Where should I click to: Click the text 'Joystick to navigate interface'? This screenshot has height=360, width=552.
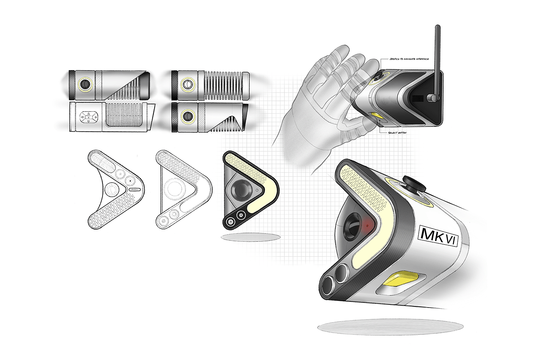(408, 59)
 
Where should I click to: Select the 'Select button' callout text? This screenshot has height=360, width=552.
(397, 133)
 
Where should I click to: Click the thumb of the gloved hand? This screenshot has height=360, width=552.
(355, 125)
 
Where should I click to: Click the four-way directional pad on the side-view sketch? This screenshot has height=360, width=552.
(88, 117)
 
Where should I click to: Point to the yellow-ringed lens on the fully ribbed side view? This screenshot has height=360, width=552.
(188, 84)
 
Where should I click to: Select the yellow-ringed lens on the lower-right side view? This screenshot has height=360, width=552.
(188, 116)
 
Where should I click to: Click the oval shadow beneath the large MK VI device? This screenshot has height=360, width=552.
(390, 326)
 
